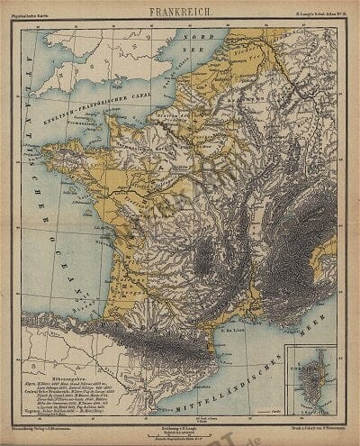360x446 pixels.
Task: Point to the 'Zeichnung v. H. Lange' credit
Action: [181, 415]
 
